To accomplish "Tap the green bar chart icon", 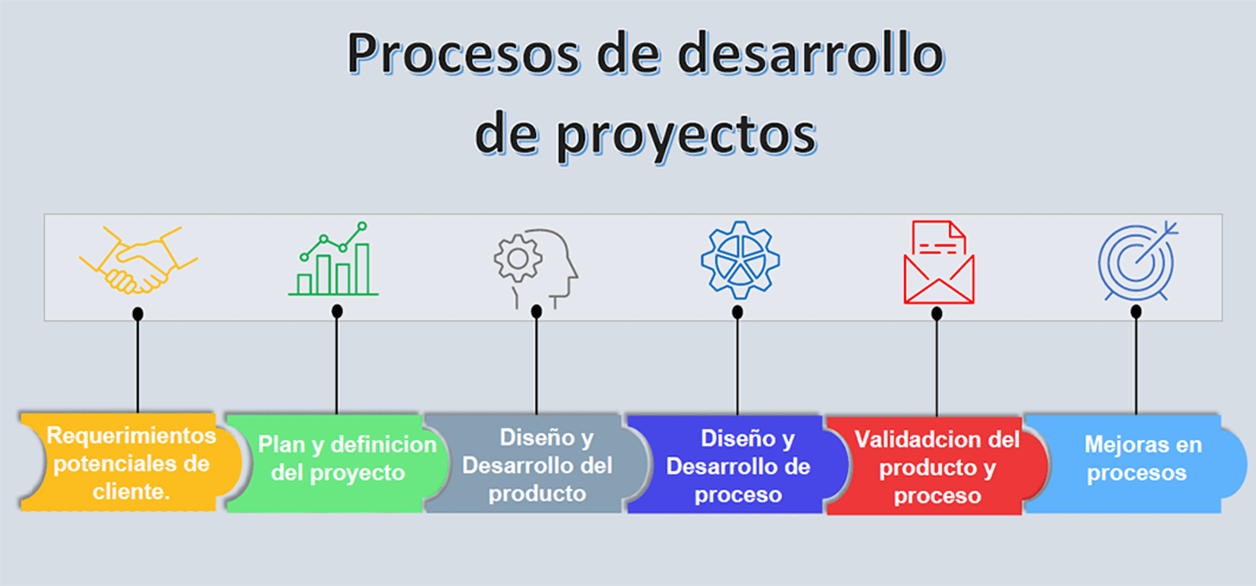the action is [x=333, y=258].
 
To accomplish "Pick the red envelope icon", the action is [x=939, y=262].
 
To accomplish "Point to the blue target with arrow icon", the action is [x=1138, y=261].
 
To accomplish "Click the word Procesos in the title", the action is [x=463, y=54].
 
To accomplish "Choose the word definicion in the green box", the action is [x=383, y=444].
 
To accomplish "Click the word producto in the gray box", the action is [x=537, y=494].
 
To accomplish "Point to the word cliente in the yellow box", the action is [x=129, y=491].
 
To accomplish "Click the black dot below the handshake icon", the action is [x=138, y=313].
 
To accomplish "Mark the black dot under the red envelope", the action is [x=937, y=313].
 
